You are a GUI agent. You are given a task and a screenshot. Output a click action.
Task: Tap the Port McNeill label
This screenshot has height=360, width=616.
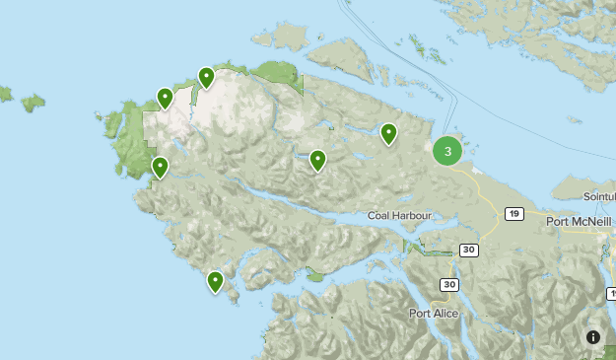(x=582, y=222)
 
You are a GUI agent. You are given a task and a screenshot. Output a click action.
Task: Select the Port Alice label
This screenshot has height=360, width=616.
(x=433, y=314)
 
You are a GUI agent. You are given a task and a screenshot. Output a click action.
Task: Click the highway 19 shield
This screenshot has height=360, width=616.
(x=513, y=213)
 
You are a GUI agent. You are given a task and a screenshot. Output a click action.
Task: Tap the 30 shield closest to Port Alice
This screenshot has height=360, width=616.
(x=449, y=284)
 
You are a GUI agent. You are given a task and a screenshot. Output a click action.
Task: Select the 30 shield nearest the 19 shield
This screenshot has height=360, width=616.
(x=468, y=250)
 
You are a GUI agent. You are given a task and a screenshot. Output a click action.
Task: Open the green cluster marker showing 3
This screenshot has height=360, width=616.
(x=447, y=151)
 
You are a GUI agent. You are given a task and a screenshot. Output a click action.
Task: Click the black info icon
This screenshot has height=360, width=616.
(x=593, y=337)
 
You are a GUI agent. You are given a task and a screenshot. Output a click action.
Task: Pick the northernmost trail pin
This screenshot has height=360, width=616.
(x=206, y=77)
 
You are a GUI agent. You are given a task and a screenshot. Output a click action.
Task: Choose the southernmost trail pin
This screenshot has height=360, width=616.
(x=215, y=282)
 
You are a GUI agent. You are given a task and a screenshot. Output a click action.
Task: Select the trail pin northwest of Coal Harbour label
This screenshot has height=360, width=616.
(x=317, y=159)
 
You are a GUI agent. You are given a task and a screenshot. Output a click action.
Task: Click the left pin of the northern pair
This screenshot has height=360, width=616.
(x=166, y=98)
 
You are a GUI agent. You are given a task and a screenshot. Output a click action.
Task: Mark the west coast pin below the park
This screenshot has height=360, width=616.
(x=160, y=167)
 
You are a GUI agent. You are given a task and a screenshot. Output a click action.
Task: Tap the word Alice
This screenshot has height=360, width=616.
(x=445, y=314)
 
